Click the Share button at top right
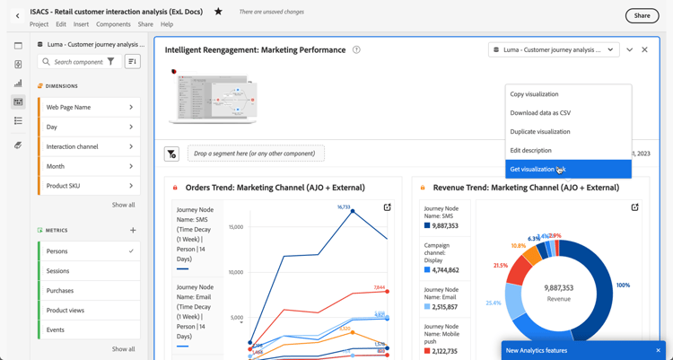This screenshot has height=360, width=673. [x=642, y=15]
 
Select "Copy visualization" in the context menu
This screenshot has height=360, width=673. [x=534, y=94]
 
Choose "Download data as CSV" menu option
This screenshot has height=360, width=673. [x=540, y=113]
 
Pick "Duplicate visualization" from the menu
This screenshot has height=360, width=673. [x=540, y=132]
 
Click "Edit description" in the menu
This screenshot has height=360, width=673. [x=530, y=151]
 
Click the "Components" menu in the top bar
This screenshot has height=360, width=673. [x=113, y=25]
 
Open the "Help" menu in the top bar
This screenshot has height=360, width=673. [x=167, y=25]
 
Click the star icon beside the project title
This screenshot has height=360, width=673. [x=218, y=13]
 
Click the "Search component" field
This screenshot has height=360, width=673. [x=78, y=62]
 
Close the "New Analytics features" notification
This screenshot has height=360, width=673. [x=658, y=351]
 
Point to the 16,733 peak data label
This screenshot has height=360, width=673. [x=344, y=207]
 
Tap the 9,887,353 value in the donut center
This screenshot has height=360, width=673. [x=559, y=288]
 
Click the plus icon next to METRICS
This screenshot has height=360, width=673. [x=133, y=231]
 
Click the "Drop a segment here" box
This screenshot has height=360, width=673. [x=255, y=154]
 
